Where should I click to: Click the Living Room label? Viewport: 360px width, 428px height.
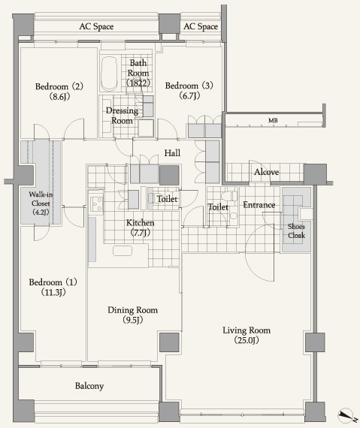[x=247, y=335]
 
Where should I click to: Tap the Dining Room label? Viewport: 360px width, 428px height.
[x=132, y=315]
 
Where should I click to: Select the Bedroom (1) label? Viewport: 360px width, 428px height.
[x=53, y=287]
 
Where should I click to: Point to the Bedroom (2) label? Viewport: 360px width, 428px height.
[x=59, y=91]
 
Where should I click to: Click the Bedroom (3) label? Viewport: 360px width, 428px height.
[x=189, y=90]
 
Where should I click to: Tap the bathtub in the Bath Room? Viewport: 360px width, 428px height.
[x=109, y=74]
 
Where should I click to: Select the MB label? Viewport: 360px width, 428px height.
[x=273, y=120]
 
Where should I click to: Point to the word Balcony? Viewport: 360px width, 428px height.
[x=89, y=386]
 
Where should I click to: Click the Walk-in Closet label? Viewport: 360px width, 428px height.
[x=41, y=203]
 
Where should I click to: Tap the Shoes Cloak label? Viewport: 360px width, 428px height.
[x=296, y=231]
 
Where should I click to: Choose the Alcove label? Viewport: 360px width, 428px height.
[x=267, y=172]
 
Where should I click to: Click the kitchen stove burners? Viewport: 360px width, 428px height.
[x=96, y=204]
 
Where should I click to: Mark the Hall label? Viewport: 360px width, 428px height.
[x=172, y=153]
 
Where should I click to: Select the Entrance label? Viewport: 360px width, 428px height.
[x=259, y=205]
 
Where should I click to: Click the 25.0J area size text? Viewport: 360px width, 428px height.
[x=247, y=340]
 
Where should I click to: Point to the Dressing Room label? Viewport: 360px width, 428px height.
[x=122, y=116]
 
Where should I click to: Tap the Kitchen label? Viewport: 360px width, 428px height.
[x=140, y=228]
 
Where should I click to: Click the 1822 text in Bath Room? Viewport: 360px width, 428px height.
[x=138, y=83]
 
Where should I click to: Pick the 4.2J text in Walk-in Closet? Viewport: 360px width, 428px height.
[x=41, y=212]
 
